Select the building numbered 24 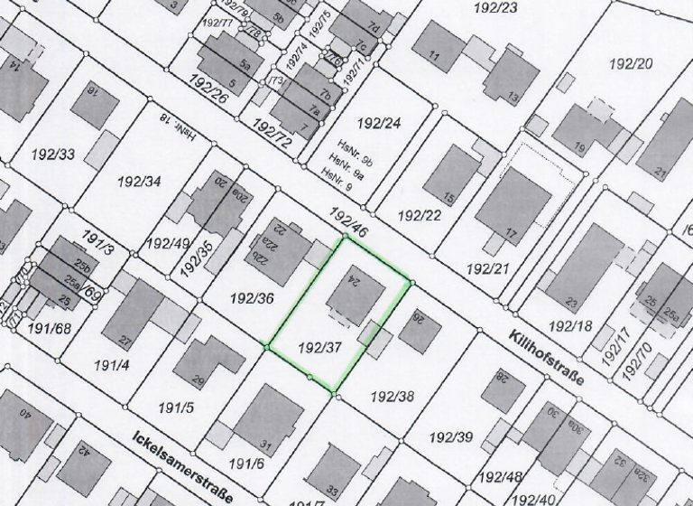click(x=356, y=290)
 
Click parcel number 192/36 click(x=252, y=297)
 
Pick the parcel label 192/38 click(x=393, y=395)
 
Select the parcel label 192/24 click(x=379, y=122)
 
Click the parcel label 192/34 click(x=139, y=181)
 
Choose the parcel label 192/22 click(x=420, y=215)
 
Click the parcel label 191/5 click(x=176, y=407)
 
